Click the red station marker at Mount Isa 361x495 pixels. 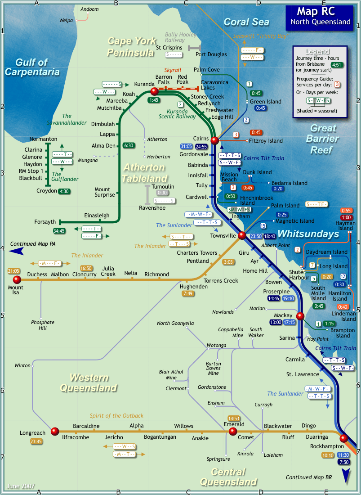pos(17,279)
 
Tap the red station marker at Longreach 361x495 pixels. pos(55,431)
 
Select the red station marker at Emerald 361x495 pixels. pos(232,431)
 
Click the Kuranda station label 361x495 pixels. pos(144,84)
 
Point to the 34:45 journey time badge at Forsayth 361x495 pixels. pos(59,231)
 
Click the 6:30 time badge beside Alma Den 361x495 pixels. pos(129,145)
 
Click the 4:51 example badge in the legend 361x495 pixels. pos(337,65)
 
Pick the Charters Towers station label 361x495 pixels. pos(197,253)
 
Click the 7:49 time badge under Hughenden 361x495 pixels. pos(188,294)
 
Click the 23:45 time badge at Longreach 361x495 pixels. pos(36,441)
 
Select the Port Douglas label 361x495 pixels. pos(211,54)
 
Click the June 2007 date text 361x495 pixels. pos(20,486)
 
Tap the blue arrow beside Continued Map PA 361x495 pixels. pos(17,252)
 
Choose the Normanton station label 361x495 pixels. pos(43,139)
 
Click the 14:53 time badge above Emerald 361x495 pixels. pos(234,418)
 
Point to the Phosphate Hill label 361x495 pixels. pos(43,325)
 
